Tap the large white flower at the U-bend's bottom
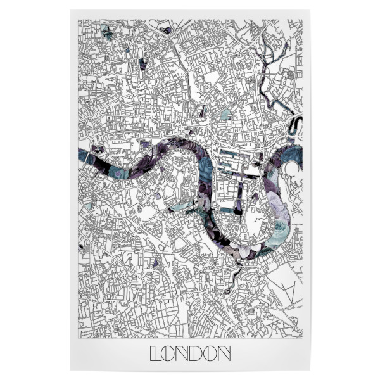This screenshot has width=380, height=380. point(277,239)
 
